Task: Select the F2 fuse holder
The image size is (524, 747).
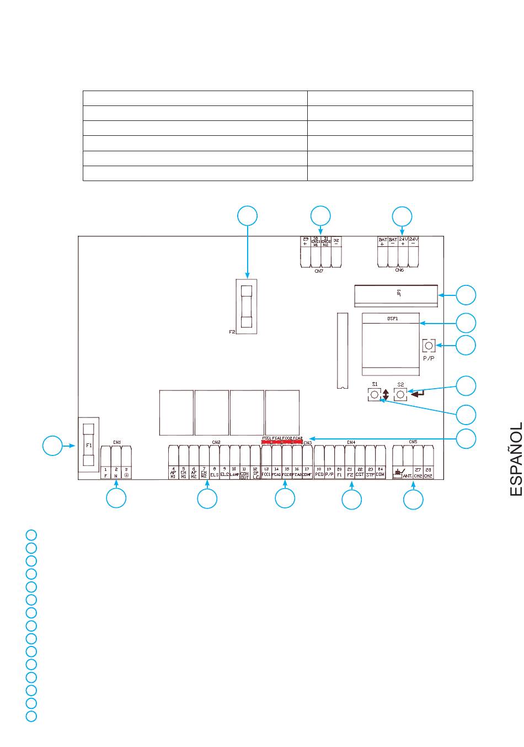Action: tap(247, 305)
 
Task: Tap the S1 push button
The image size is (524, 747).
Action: tap(374, 395)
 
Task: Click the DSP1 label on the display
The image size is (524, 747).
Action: tap(391, 319)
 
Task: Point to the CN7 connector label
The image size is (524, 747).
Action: tap(319, 271)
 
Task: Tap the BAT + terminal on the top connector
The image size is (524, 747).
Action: tap(382, 242)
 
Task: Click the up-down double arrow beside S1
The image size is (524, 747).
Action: tap(386, 395)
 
